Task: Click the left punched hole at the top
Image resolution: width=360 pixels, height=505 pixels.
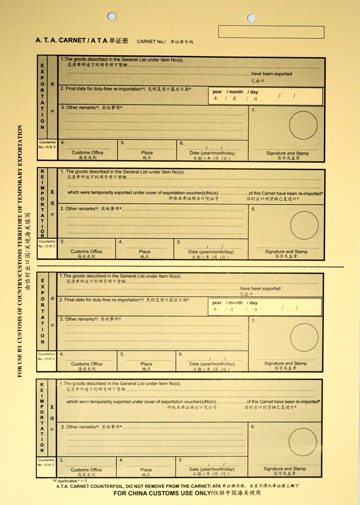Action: pos(112,16)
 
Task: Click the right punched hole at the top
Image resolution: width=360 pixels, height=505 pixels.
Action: pos(251,18)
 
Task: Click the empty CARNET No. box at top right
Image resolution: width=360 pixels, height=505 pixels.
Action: pos(271,32)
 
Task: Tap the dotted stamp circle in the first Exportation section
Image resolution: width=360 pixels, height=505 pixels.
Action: pos(303,125)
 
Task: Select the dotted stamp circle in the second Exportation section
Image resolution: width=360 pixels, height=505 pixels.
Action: pos(304,338)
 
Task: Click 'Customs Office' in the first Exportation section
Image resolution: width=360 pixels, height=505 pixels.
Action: pos(88,153)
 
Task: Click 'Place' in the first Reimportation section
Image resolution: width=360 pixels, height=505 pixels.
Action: pos(144,252)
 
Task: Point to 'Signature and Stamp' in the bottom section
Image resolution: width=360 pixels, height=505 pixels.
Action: pos(284,469)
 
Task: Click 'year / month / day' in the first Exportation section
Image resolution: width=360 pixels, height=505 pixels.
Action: pos(235,92)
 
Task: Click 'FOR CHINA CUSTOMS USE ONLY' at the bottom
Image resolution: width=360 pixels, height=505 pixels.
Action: pos(186,493)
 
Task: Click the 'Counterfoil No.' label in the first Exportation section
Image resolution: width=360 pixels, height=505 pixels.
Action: pos(47,144)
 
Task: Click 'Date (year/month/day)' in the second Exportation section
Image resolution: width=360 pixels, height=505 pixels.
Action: pos(212,364)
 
